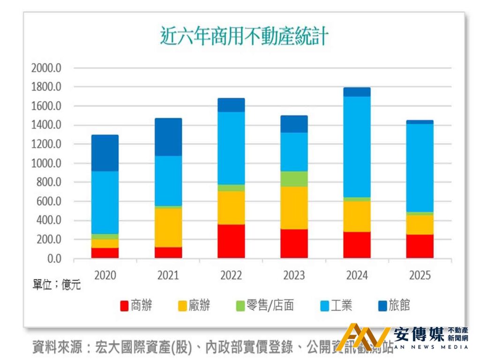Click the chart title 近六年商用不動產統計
(x=244, y=36)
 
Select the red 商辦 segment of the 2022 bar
(x=231, y=241)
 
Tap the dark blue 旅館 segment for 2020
(x=105, y=153)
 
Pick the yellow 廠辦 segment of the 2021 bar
(x=168, y=227)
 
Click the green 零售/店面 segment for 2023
(x=294, y=179)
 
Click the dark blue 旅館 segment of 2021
(x=168, y=137)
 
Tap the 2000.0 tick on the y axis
(x=46, y=68)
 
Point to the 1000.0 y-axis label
(x=46, y=163)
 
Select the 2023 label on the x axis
(x=294, y=275)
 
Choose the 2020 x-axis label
(x=105, y=275)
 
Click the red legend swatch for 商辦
(x=124, y=306)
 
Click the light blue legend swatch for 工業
(x=323, y=306)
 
